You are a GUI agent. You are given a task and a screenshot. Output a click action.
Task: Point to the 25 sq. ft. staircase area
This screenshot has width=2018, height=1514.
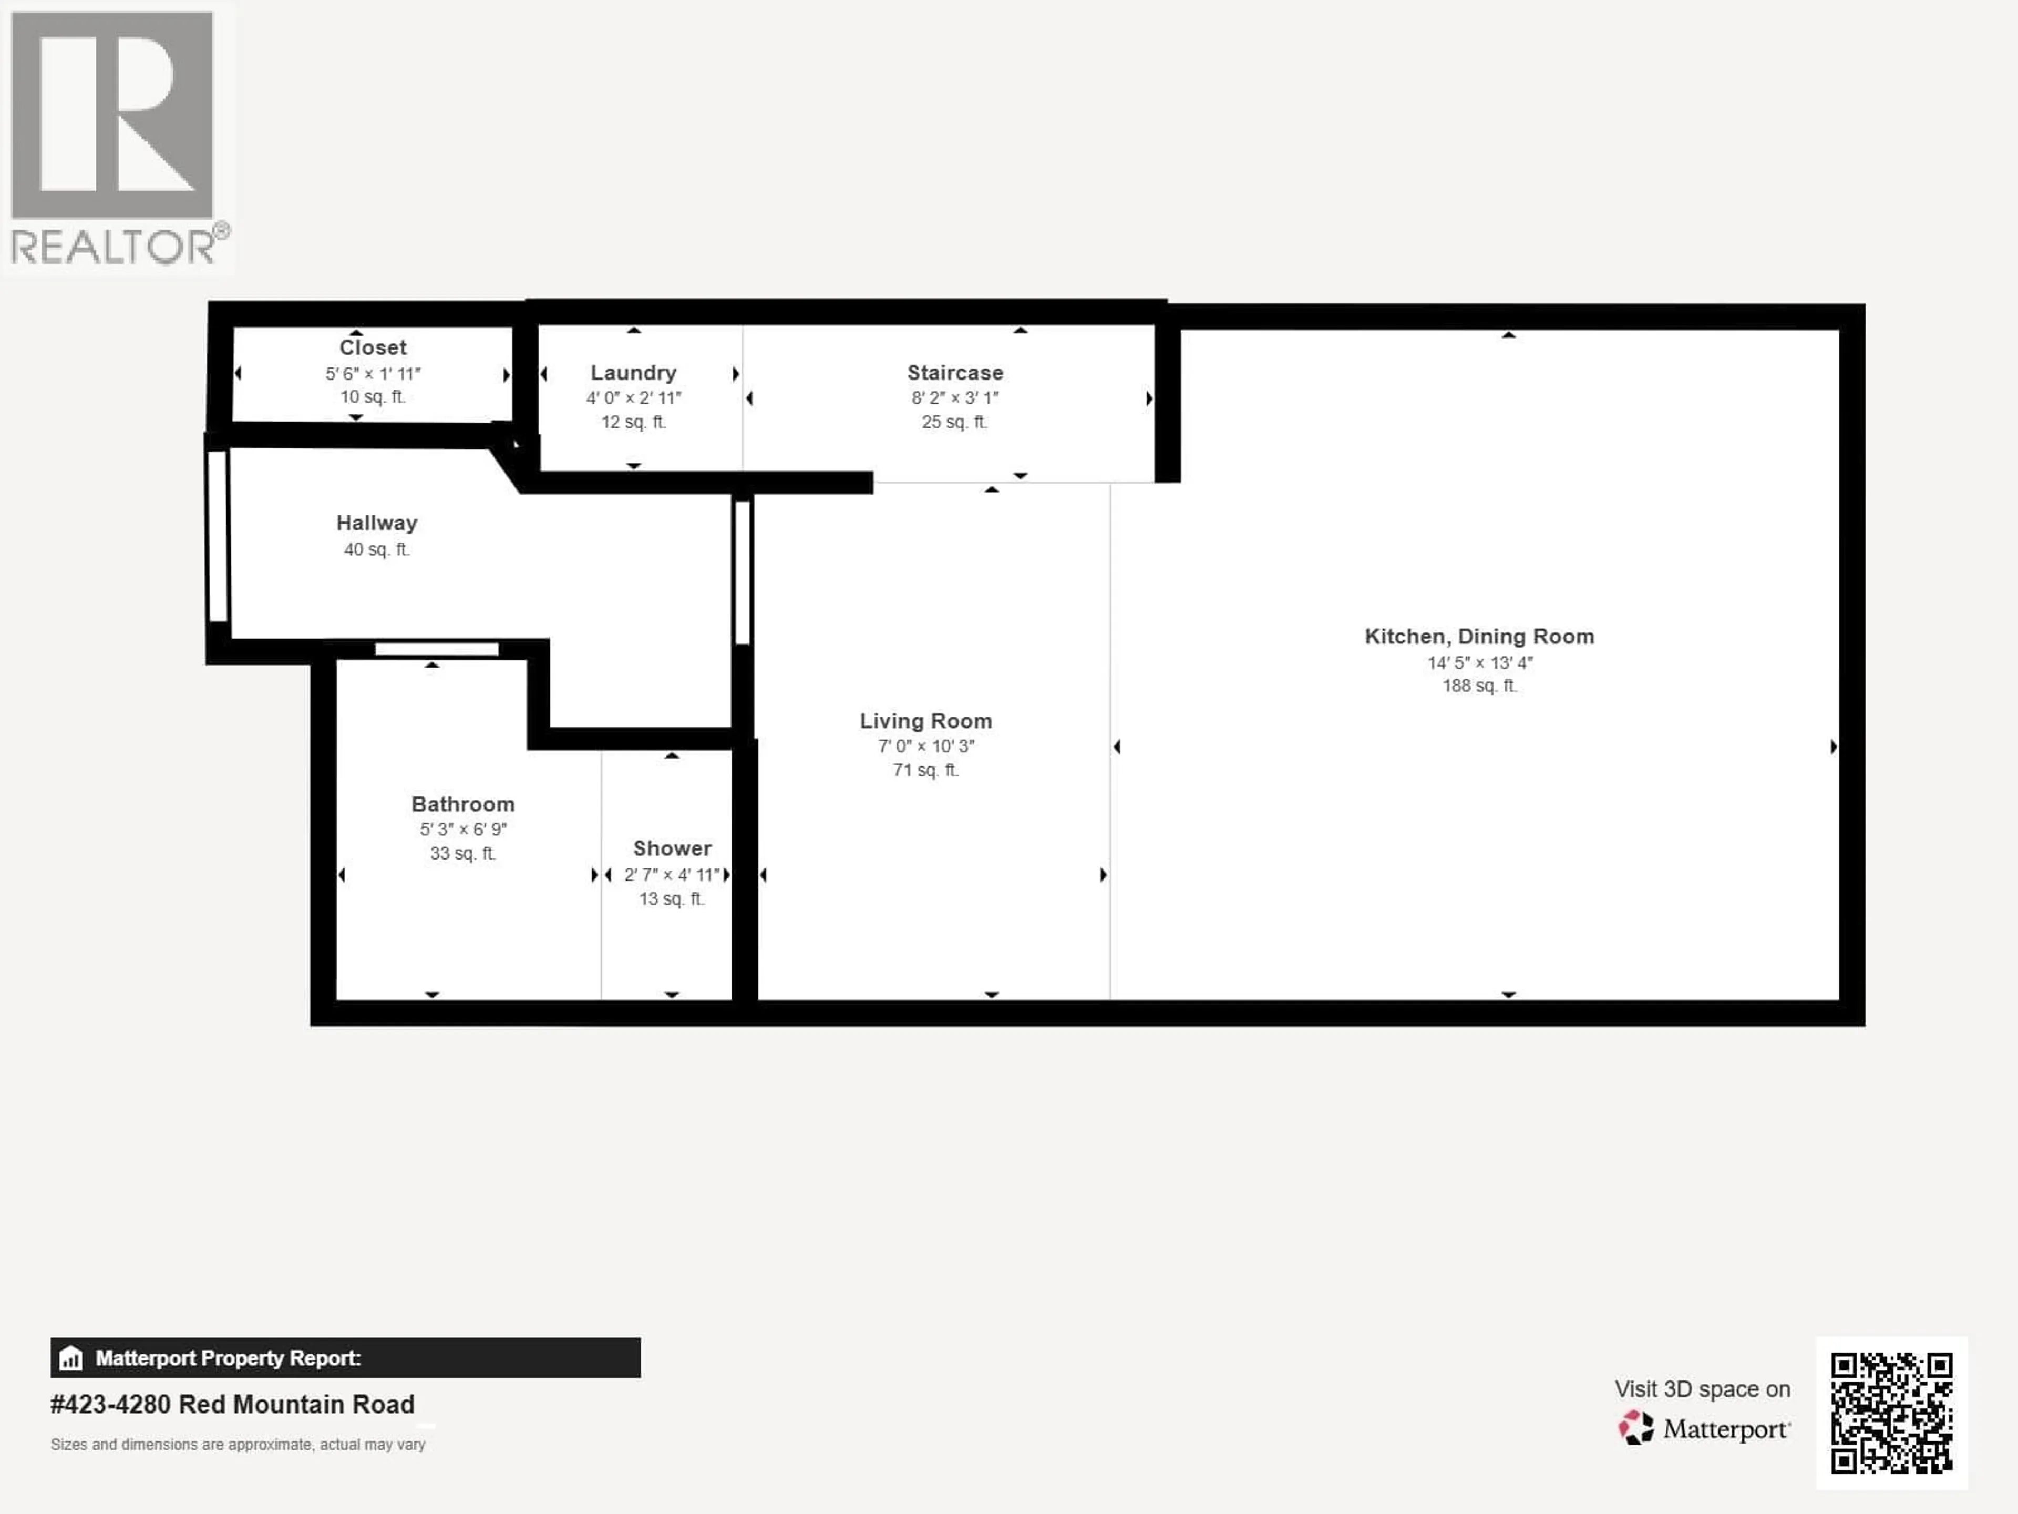[954, 422]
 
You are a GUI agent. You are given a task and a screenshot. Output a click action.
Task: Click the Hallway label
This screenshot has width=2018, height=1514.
[377, 523]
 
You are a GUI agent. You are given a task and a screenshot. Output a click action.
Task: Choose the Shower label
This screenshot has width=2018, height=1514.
[672, 848]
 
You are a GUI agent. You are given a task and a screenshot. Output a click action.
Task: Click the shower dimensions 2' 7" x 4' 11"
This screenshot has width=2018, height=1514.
[672, 874]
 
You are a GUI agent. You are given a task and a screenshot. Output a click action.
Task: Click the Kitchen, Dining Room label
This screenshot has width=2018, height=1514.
[1479, 636]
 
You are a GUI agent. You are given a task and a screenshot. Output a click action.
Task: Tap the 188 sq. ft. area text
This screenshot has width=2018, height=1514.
[1479, 686]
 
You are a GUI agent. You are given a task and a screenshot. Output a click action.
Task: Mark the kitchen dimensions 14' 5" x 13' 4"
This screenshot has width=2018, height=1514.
[1479, 662]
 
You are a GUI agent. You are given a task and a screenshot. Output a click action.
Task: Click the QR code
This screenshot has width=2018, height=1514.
[1891, 1413]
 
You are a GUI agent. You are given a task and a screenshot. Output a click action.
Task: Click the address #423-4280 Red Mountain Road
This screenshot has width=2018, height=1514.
[233, 1405]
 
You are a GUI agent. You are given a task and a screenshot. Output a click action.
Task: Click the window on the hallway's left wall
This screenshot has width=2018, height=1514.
[217, 537]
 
